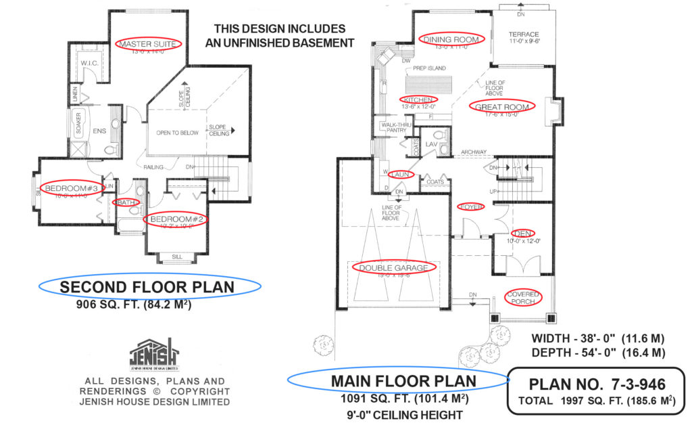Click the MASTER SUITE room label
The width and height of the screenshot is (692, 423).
pos(148,44)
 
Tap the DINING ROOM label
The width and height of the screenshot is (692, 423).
pos(451,39)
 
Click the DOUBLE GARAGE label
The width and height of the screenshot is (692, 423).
pos(393,267)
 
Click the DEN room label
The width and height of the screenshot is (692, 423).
pos(520,232)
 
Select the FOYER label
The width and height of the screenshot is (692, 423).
pos(471,206)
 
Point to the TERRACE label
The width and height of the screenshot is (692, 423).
pos(524,35)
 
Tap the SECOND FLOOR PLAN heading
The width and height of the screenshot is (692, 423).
pos(147,287)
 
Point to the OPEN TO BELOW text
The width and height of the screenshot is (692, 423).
pos(178,133)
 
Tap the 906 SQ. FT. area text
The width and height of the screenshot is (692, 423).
pos(133,305)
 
